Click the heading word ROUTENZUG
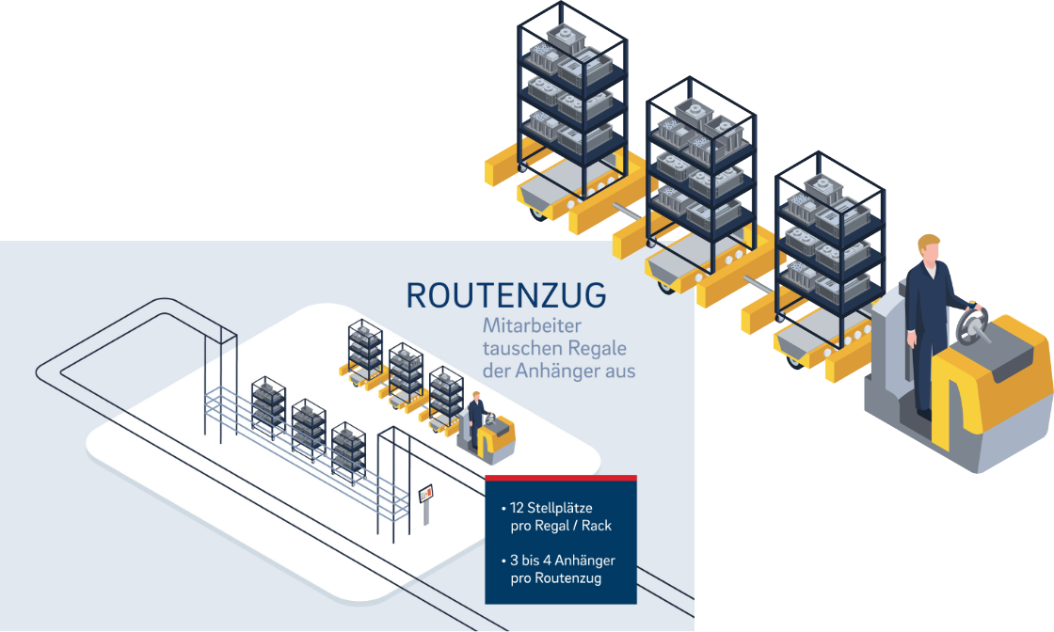(506, 295)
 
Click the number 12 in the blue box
(517, 508)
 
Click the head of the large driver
(930, 250)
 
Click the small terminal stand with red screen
(426, 498)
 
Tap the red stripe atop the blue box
(561, 479)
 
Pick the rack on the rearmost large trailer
(571, 94)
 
